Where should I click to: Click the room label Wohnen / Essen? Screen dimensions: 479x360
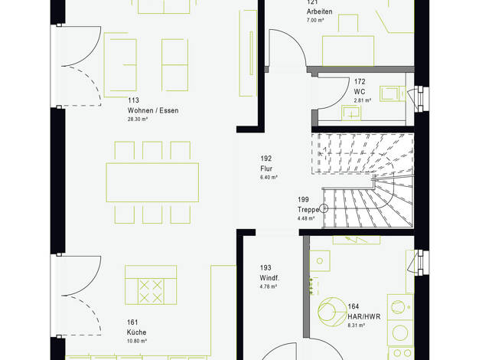153,110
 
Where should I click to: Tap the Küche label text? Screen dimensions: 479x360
136,332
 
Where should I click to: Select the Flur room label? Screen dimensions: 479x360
266,169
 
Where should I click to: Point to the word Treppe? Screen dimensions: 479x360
308,210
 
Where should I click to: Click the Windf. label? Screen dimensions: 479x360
269,278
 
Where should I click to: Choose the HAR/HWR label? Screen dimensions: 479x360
364,316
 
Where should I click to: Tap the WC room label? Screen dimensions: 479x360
360,91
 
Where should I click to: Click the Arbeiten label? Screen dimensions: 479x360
320,11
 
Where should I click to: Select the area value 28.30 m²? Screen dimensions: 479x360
138,119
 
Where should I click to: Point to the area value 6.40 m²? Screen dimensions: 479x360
269,177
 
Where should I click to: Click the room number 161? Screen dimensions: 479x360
132,322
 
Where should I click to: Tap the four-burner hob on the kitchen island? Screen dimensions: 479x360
151,292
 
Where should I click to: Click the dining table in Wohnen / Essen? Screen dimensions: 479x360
152,182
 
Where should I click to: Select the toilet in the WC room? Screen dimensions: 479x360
393,93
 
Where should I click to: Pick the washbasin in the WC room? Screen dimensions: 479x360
351,113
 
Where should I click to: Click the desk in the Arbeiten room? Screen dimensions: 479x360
348,51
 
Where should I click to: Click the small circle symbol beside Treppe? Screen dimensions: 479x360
324,208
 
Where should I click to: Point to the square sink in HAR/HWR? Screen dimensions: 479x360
320,261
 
